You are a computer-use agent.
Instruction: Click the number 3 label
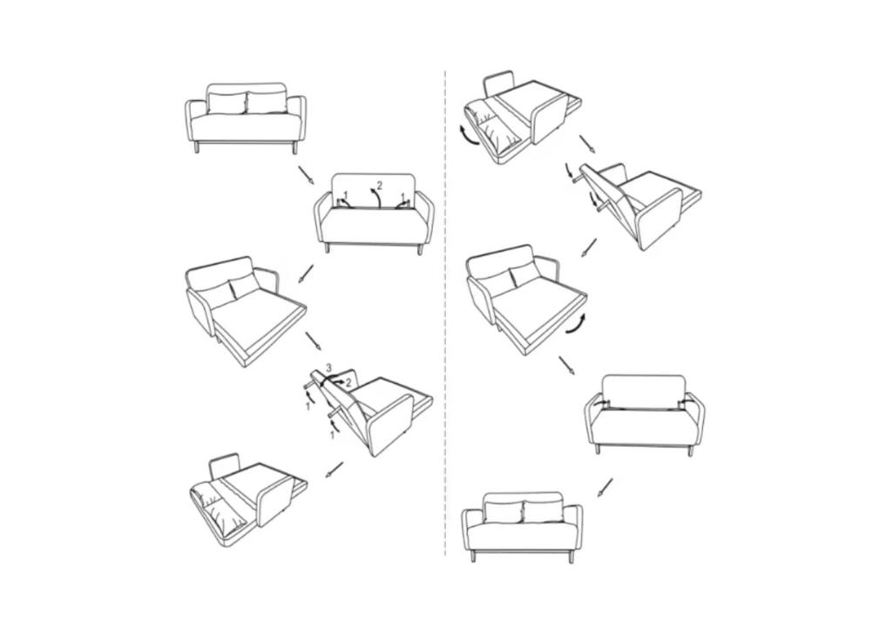(x=328, y=367)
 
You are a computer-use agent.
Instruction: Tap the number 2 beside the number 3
(x=348, y=383)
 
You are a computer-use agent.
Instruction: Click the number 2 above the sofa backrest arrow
(x=380, y=185)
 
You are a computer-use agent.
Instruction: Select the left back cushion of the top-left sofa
(x=227, y=103)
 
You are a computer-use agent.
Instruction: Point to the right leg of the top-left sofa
(x=294, y=148)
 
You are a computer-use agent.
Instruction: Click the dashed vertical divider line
(x=445, y=313)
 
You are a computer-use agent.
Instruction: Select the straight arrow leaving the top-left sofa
(x=306, y=175)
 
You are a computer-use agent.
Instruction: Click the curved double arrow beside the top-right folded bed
(x=470, y=137)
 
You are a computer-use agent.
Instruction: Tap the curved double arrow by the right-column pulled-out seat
(x=578, y=323)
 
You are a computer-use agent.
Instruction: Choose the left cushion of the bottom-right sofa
(x=503, y=512)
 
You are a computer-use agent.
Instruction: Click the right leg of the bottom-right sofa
(x=571, y=556)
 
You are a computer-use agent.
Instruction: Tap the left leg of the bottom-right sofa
(x=473, y=556)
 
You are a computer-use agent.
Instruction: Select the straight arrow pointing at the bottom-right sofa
(x=605, y=488)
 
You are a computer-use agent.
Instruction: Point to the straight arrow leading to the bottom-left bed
(x=334, y=470)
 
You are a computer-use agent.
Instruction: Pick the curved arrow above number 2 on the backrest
(x=375, y=199)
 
